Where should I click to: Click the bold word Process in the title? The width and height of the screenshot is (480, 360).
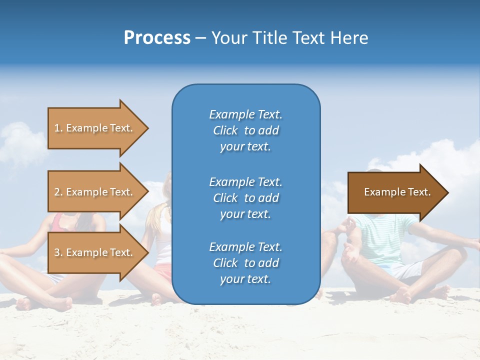(x=157, y=38)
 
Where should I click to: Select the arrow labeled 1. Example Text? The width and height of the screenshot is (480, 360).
(x=95, y=128)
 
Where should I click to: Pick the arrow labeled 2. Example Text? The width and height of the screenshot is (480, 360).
(x=95, y=192)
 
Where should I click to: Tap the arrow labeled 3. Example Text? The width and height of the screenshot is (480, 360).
(x=95, y=252)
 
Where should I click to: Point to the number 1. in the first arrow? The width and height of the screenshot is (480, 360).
(x=58, y=128)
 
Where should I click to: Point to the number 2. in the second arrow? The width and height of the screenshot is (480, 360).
(x=58, y=192)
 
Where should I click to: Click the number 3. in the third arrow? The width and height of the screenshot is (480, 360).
(x=58, y=252)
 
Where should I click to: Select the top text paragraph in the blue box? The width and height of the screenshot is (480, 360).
(x=245, y=130)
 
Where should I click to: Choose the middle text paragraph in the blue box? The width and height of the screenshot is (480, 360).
(x=245, y=198)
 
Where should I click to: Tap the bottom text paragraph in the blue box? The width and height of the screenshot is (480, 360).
(x=245, y=263)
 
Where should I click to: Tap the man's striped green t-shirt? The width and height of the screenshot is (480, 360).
(x=390, y=240)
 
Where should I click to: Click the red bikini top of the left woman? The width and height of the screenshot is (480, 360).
(x=60, y=223)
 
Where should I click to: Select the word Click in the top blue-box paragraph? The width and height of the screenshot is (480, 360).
(x=225, y=130)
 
